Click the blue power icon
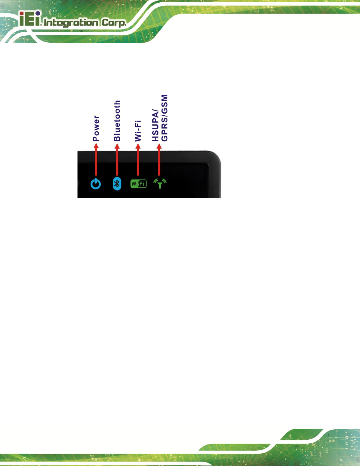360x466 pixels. [x=96, y=184]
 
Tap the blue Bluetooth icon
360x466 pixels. [x=117, y=184]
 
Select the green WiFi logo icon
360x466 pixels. [x=138, y=184]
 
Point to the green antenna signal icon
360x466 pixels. [x=160, y=183]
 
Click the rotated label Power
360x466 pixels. [x=96, y=128]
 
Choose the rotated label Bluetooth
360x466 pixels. [x=117, y=121]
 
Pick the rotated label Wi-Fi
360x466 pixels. [x=138, y=131]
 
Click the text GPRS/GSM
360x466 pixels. [x=165, y=118]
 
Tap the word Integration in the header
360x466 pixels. [x=71, y=23]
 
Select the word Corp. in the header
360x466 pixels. [x=114, y=23]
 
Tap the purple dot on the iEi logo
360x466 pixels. [x=38, y=13]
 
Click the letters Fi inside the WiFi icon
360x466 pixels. [x=142, y=184]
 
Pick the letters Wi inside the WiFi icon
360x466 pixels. [x=135, y=184]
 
